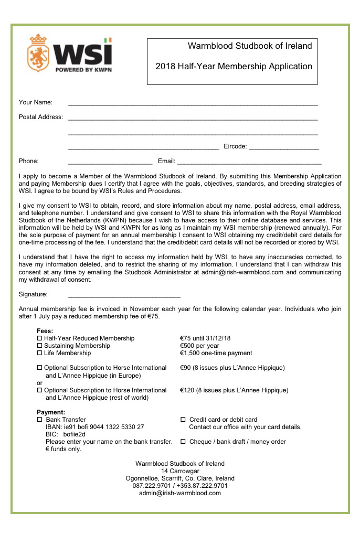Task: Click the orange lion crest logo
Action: pos(38,54)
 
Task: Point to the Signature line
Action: pos(124,296)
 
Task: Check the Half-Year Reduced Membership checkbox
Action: pos(39,339)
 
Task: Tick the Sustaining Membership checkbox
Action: pos(39,346)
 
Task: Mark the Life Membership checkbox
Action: pos(39,354)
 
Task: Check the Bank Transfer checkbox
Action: pos(39,420)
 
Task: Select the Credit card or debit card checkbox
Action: pos(183,420)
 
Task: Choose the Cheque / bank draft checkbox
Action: pos(183,442)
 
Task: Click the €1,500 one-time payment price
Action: pos(216,353)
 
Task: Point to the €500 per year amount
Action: pos(199,346)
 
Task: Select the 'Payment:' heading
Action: pos(51,412)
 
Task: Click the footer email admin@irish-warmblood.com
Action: pos(180,493)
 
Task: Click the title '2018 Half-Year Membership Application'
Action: pos(234,66)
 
